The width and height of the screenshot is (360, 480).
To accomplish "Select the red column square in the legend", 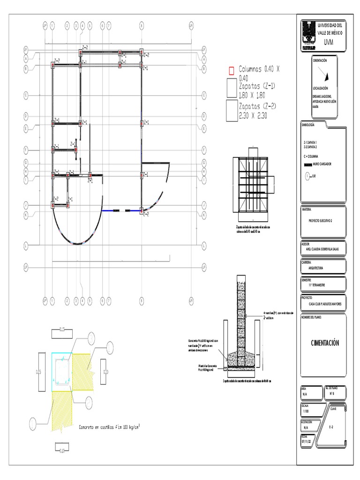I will (231, 71).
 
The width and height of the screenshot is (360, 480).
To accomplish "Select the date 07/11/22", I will (306, 441).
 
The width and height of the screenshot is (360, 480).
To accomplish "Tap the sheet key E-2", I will (331, 427).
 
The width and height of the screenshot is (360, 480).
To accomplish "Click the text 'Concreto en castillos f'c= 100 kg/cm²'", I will (110, 427).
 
